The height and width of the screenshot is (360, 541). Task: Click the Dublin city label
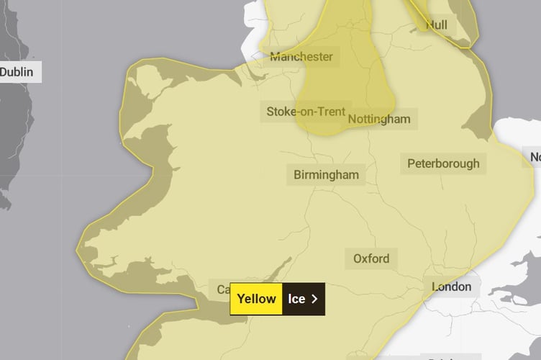point(17,72)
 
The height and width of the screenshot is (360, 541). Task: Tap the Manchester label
point(301,56)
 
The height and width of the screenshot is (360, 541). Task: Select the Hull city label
point(436,24)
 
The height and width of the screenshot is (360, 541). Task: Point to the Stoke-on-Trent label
point(305,112)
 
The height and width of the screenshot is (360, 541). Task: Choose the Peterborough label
point(442,163)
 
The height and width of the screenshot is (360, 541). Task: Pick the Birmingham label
point(326,174)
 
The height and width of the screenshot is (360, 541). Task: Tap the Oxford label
point(371,258)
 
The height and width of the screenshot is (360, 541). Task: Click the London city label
point(451,287)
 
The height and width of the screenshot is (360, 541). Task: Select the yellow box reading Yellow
point(256,298)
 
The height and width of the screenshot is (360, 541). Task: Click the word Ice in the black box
point(296,298)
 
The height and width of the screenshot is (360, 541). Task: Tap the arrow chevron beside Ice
point(314,298)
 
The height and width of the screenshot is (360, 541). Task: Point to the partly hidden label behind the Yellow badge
point(222,289)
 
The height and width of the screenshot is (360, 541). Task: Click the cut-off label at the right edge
point(535,157)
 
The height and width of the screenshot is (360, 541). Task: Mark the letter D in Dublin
point(4,72)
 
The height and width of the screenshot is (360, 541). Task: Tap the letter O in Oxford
point(358,258)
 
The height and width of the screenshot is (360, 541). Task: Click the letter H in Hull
point(429,24)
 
